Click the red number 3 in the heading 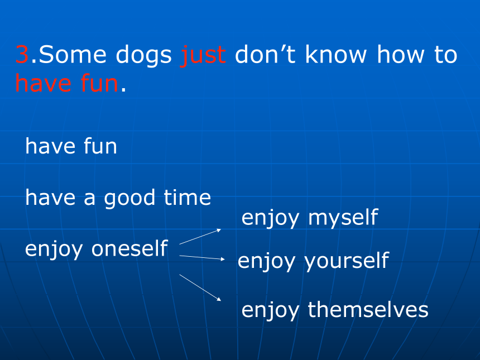(22, 55)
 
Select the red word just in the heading (204, 56)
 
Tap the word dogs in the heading (143, 56)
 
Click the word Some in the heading (73, 55)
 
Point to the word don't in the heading (265, 54)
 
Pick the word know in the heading (336, 54)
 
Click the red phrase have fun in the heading (67, 83)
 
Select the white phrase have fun (71, 146)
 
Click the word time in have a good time (188, 197)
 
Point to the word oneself (129, 248)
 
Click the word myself (343, 219)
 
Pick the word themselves (368, 310)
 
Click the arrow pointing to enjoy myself (200, 237)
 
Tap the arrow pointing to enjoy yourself (202, 257)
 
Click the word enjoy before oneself (54, 249)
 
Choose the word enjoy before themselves (270, 311)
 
